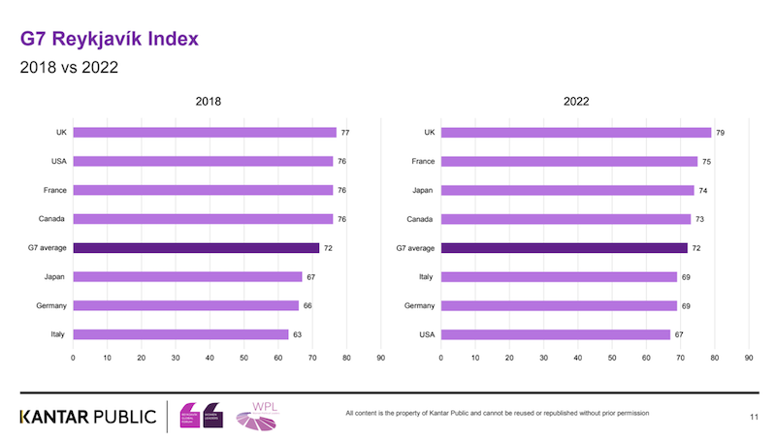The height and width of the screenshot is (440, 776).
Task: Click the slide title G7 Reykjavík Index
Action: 110,40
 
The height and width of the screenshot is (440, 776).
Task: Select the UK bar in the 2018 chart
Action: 205,133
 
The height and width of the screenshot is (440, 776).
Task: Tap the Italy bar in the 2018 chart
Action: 180,334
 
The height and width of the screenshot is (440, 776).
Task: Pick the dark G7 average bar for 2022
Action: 564,248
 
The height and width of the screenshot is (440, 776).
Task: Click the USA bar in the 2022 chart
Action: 555,334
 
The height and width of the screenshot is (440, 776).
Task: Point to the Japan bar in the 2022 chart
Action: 567,191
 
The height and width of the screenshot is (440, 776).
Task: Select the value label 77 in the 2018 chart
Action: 344,133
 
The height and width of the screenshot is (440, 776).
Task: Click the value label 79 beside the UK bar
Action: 719,133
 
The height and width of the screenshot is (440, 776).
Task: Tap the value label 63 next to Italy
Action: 297,334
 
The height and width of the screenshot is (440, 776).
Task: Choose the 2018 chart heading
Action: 208,102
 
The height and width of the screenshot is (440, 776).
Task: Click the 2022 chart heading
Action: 576,102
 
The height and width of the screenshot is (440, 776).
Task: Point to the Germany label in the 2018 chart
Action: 51,305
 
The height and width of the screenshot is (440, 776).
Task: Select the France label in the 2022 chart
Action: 423,162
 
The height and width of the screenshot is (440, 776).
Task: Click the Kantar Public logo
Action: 87,417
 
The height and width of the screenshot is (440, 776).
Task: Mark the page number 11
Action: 754,417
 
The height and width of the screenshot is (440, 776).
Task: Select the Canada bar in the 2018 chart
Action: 203,219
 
